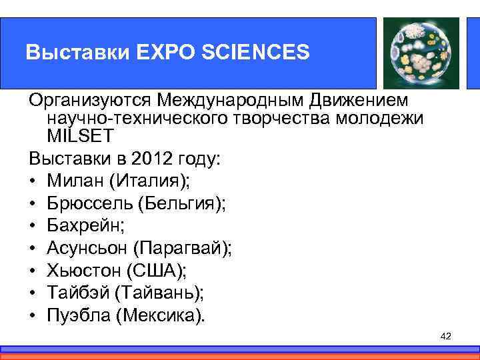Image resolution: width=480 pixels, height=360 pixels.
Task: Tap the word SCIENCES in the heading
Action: point(267,52)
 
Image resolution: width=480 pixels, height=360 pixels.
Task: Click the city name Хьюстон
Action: point(83,270)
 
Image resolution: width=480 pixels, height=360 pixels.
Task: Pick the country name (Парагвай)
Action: point(182,247)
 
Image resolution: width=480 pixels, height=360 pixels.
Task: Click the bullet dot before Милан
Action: point(33,181)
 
